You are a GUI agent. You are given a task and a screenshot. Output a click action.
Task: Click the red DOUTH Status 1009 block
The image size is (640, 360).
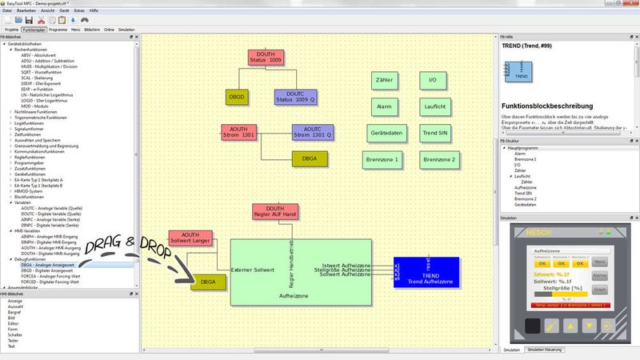tap(266, 58)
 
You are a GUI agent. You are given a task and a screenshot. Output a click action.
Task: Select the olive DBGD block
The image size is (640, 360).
tap(237, 97)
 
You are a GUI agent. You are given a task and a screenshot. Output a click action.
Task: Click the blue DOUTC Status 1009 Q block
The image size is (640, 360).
tap(295, 97)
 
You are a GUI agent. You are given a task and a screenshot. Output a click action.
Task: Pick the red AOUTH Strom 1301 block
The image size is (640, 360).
tap(238, 133)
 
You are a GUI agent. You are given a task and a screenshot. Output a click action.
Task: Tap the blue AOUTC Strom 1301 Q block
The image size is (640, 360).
tap(313, 133)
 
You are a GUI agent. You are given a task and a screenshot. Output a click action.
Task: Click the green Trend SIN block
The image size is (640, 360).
tap(438, 132)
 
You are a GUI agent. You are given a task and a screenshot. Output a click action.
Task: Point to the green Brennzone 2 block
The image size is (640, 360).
tap(439, 159)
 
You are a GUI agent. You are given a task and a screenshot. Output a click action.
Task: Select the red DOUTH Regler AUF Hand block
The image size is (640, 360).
tap(274, 212)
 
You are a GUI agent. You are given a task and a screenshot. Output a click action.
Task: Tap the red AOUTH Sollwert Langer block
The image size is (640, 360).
tap(190, 238)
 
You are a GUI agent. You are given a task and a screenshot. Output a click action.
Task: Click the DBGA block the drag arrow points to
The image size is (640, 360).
tap(208, 282)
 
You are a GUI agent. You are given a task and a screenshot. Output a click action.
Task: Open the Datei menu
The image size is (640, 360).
tap(7, 10)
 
